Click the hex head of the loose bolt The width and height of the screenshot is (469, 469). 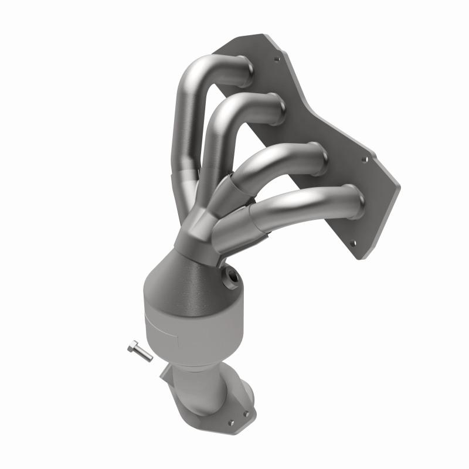tap(131, 346)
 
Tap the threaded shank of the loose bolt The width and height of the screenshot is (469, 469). tap(143, 355)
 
